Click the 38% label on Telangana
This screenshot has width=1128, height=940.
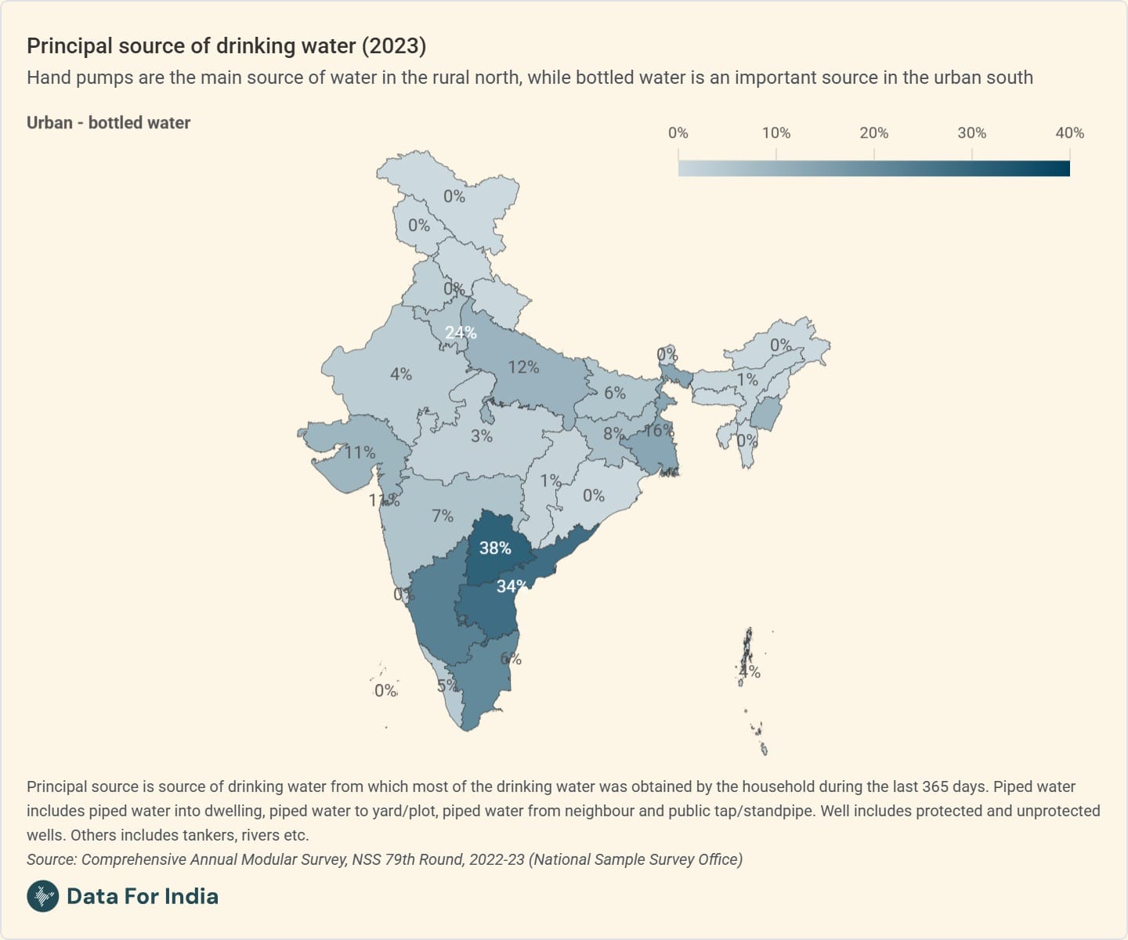pyautogui.click(x=495, y=548)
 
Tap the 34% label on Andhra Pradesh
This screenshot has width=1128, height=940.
pyautogui.click(x=512, y=586)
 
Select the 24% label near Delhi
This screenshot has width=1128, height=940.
pyautogui.click(x=461, y=333)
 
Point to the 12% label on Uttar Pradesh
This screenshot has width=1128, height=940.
pyautogui.click(x=523, y=367)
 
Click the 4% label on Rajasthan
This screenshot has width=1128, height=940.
pyautogui.click(x=401, y=374)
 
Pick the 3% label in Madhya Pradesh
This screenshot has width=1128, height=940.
pyautogui.click(x=482, y=436)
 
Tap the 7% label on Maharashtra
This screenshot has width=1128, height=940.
pyautogui.click(x=443, y=515)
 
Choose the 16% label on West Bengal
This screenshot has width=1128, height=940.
pyautogui.click(x=659, y=430)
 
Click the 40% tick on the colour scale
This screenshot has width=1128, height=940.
pyautogui.click(x=1069, y=133)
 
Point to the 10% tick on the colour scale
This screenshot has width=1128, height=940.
pyautogui.click(x=776, y=133)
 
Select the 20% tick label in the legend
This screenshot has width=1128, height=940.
pyautogui.click(x=874, y=133)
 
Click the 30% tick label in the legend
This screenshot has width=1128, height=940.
pyautogui.click(x=972, y=133)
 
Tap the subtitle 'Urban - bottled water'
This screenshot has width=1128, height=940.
pyautogui.click(x=109, y=123)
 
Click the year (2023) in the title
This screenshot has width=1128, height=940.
pyautogui.click(x=393, y=46)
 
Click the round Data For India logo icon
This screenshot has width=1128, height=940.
pyautogui.click(x=43, y=896)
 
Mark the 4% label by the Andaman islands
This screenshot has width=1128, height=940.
pyautogui.click(x=750, y=671)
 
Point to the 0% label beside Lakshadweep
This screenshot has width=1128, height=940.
pyautogui.click(x=385, y=691)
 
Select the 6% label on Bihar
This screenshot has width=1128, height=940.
pyautogui.click(x=615, y=392)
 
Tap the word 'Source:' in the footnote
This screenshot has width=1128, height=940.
pyautogui.click(x=52, y=859)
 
